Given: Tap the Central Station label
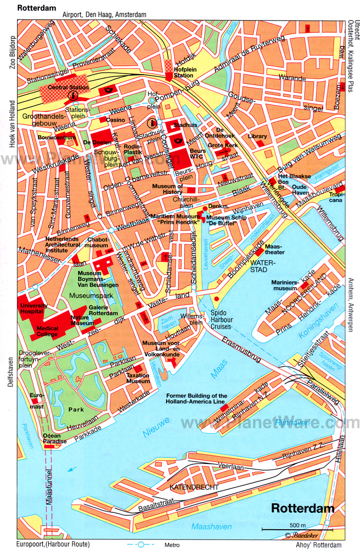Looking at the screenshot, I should pyautogui.click(x=68, y=87).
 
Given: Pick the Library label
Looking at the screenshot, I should pyautogui.click(x=257, y=136).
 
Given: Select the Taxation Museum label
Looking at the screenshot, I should pyautogui.click(x=138, y=378).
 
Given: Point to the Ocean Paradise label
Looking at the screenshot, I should pyautogui.click(x=51, y=439).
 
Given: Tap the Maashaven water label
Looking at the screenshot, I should pyautogui.click(x=211, y=527).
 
